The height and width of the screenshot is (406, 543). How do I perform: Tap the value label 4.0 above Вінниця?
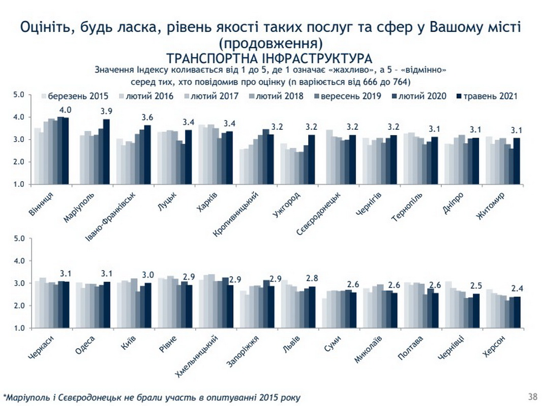(x=66, y=110)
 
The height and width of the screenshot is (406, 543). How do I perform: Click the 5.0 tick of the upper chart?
(x=19, y=95)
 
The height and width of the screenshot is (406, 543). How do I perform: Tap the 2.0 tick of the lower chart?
(x=19, y=306)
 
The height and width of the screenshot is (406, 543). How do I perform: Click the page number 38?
(x=533, y=396)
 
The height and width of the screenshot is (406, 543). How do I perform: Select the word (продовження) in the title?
(x=270, y=41)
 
